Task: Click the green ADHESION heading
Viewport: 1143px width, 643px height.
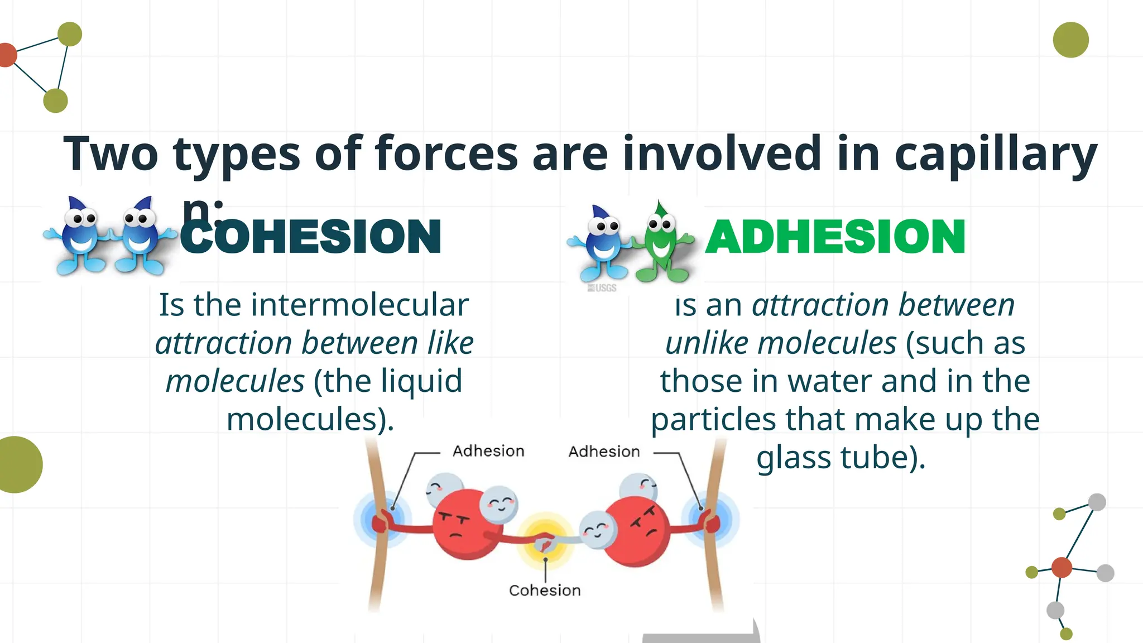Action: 835,237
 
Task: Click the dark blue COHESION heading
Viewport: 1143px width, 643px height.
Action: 310,237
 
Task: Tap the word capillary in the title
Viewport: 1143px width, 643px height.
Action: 996,154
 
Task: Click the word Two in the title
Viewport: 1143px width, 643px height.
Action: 111,154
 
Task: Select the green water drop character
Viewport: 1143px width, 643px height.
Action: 661,243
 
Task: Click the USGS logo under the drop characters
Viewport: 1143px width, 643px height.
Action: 602,288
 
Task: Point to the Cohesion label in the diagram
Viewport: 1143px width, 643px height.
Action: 545,591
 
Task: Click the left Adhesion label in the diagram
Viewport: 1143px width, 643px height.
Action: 488,451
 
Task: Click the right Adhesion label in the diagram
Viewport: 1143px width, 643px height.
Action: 604,452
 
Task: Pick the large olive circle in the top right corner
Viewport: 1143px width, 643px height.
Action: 1070,40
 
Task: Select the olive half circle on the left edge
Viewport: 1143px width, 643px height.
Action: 18,464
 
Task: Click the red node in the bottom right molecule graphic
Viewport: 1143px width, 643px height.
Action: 1062,568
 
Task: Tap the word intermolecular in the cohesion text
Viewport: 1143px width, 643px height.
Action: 359,305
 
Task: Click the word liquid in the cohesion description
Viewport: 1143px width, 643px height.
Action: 421,381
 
